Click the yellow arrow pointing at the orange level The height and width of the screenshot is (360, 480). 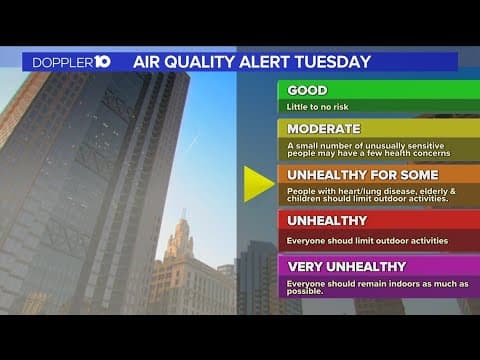click(258, 183)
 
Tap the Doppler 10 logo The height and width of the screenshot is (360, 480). click(70, 62)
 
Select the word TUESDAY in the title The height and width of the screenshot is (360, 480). click(334, 62)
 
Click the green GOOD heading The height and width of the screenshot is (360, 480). click(308, 90)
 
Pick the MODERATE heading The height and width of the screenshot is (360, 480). click(323, 128)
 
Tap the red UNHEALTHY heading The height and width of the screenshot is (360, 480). click(327, 220)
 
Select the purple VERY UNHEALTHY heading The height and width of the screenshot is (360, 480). click(346, 267)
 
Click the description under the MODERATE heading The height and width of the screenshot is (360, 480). click(368, 149)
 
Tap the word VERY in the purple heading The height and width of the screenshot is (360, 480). click(306, 267)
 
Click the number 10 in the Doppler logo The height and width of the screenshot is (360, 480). click(101, 62)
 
